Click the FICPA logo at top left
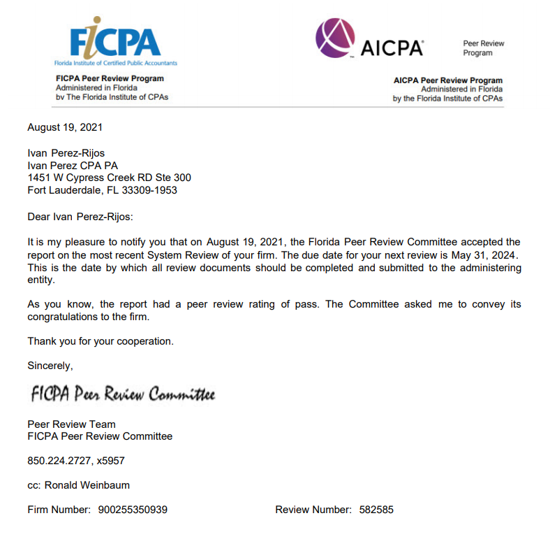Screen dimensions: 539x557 click(115, 41)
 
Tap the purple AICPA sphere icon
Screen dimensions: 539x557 click(335, 38)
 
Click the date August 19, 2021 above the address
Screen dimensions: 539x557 click(65, 127)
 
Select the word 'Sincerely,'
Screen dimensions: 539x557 click(50, 366)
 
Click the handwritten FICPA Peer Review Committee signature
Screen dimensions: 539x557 click(123, 394)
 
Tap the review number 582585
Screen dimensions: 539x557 click(376, 510)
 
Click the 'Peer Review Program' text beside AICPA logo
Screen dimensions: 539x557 click(483, 48)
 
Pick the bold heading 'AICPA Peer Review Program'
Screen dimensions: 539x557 click(447, 80)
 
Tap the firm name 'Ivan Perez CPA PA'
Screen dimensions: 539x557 click(73, 166)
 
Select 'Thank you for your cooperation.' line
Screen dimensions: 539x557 click(101, 341)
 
